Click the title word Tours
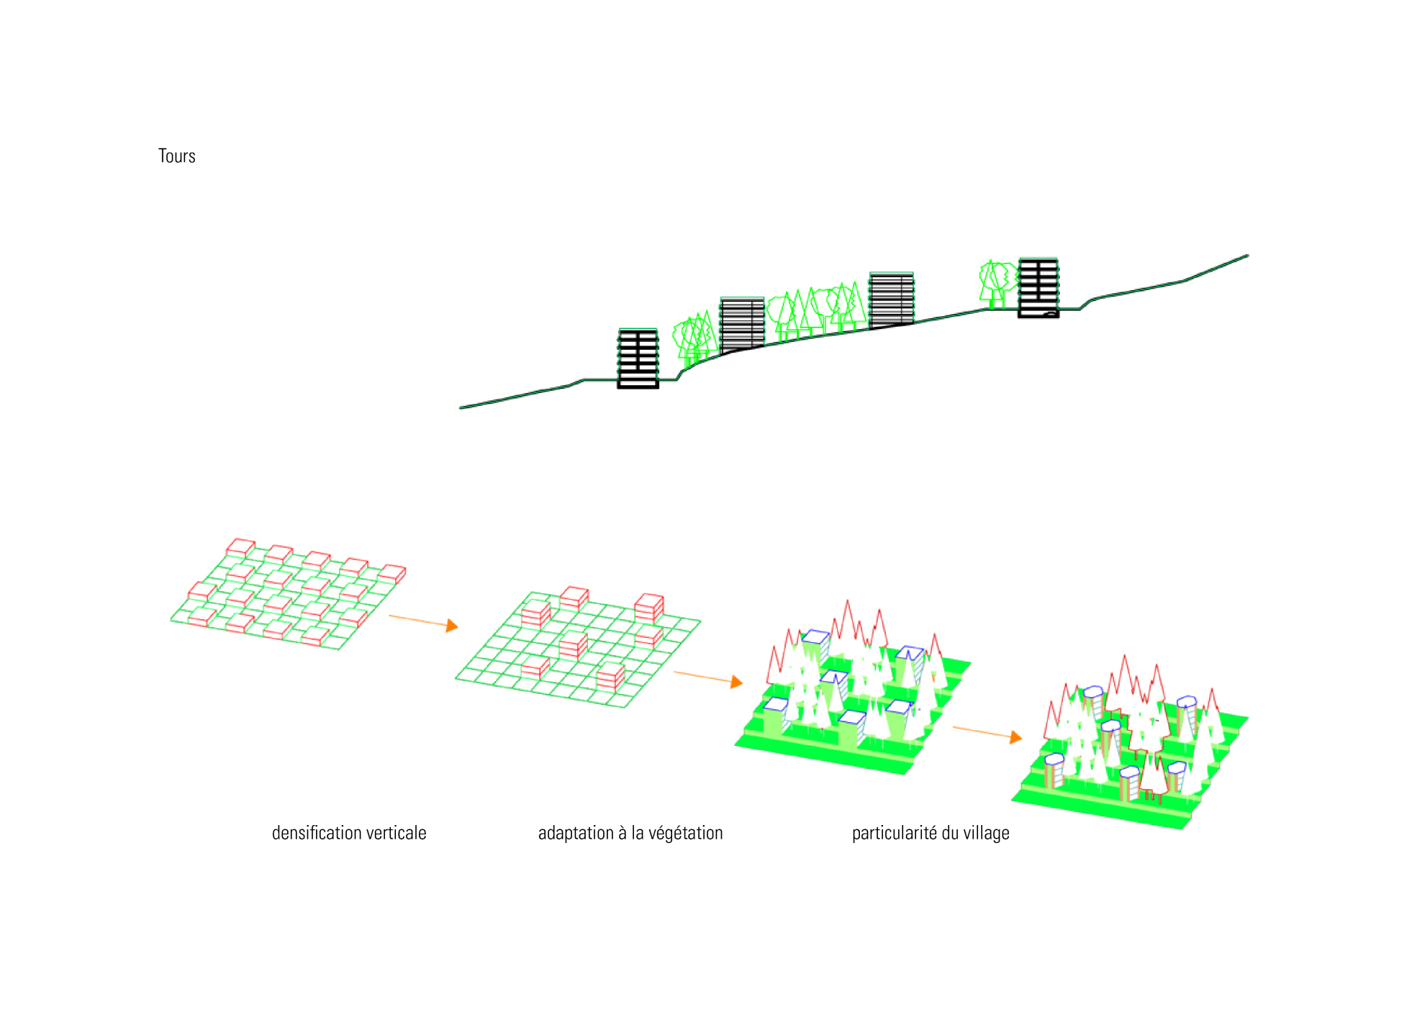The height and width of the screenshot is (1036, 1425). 176,156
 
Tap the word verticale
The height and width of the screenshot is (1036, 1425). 396,833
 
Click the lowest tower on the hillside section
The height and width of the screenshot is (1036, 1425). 638,359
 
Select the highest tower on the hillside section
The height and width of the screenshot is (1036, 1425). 1039,287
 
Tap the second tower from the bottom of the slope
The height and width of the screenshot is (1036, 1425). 742,323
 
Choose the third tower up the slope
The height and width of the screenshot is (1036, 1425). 891,299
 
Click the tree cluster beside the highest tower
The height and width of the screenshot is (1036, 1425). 997,282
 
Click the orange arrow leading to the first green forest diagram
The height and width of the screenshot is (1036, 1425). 708,677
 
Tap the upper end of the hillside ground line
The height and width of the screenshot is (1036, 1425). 1247,256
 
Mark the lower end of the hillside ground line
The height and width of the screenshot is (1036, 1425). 462,407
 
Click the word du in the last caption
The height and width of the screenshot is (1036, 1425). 950,833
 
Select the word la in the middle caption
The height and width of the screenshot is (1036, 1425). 637,833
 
